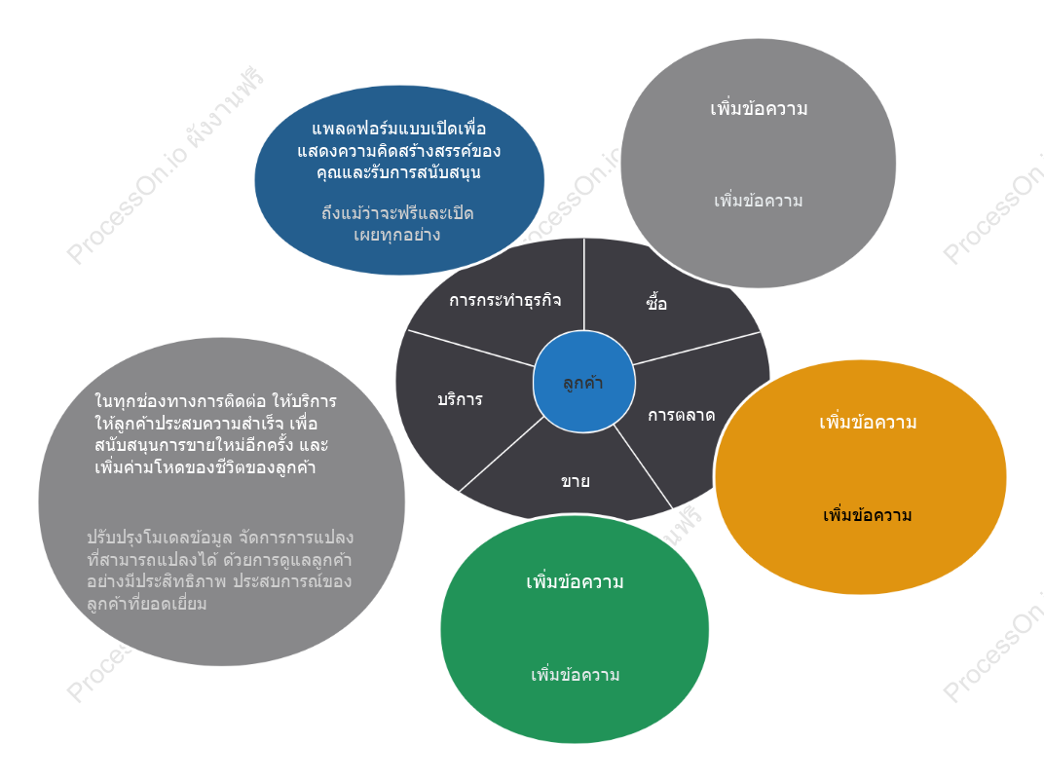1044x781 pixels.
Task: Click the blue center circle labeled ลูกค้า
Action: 584,382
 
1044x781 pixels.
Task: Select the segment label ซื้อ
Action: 656,302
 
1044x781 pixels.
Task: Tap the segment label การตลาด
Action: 681,416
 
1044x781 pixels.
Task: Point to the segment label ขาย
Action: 576,481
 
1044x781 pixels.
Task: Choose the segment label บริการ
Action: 460,399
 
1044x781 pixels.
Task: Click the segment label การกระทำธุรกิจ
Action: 505,300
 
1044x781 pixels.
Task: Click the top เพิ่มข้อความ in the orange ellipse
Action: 868,422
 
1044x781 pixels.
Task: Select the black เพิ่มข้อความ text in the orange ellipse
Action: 868,515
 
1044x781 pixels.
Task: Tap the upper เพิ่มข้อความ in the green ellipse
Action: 575,581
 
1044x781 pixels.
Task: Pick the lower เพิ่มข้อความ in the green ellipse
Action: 576,675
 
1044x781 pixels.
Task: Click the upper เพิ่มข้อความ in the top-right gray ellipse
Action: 759,108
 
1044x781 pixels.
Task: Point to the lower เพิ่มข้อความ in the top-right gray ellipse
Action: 759,201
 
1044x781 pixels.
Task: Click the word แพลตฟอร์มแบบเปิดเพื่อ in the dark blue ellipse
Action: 399,128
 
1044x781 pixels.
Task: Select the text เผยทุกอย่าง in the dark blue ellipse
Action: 396,235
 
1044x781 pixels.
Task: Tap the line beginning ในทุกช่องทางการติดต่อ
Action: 216,401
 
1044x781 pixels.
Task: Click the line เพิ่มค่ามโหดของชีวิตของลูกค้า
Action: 205,467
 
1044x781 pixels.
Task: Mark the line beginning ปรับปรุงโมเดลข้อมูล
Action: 220,537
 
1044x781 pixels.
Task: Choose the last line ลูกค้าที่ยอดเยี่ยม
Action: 146,604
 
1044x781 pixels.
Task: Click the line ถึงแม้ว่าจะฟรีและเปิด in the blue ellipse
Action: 397,213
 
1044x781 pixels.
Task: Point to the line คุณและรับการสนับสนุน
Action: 398,172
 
